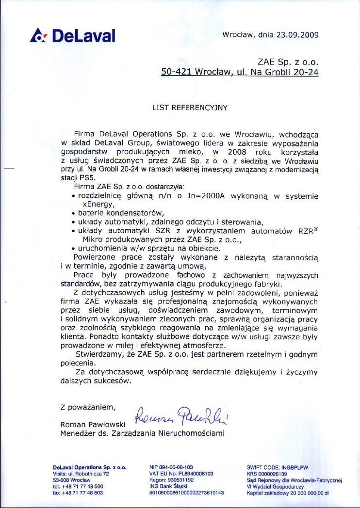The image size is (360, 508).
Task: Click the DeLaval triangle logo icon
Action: pos(38,35)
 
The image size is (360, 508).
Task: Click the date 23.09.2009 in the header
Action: pos(297,35)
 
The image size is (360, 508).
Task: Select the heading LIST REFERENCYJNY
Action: pos(190,108)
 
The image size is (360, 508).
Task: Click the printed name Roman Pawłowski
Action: pos(92,425)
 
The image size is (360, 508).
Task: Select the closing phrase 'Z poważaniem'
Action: pos(87,407)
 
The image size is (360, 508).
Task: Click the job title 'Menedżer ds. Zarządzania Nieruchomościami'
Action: pos(142,433)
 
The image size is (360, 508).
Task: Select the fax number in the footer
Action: pos(78,492)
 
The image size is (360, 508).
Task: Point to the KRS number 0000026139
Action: pos(267,474)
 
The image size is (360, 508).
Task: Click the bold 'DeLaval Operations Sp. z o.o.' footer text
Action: pos(90,467)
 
